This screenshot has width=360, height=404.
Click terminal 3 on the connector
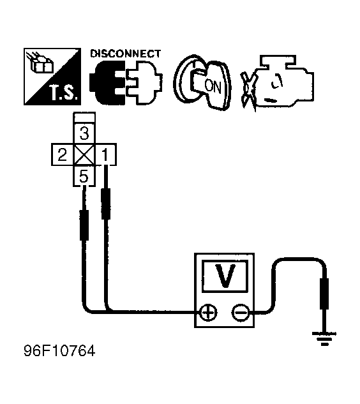[84, 133]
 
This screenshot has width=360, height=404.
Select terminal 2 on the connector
[63, 154]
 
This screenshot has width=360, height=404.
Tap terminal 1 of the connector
[106, 154]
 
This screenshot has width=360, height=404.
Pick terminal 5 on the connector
[84, 176]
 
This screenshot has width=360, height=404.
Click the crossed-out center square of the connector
[84, 154]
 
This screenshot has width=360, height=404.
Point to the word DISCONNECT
[126, 54]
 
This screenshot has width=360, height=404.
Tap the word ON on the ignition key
[213, 86]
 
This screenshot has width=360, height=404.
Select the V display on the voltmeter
[225, 276]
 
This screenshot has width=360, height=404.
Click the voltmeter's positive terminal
[208, 313]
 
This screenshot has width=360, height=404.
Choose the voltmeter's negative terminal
[241, 313]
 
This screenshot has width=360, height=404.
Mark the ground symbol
[324, 338]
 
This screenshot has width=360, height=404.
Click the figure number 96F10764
[59, 350]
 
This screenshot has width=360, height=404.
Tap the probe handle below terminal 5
[84, 225]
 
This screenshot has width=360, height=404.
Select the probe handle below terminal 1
[106, 204]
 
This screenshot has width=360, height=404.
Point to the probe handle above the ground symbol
[324, 294]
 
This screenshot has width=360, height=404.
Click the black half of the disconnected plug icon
[107, 82]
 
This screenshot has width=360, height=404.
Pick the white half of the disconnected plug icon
[144, 82]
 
